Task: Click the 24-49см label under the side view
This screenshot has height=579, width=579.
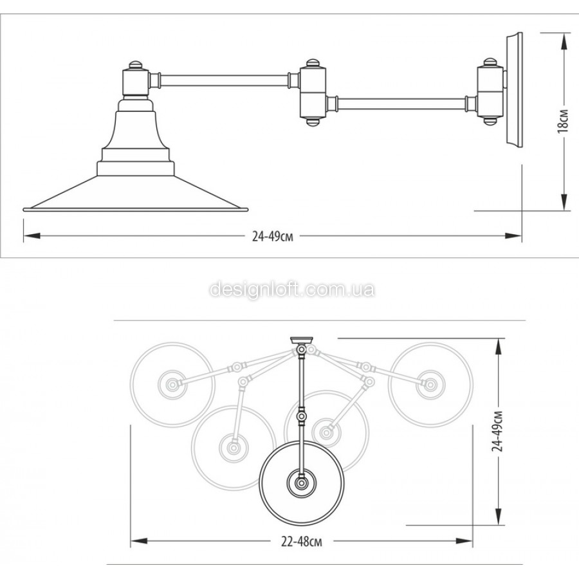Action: (273, 236)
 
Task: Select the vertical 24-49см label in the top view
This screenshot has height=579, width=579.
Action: (497, 431)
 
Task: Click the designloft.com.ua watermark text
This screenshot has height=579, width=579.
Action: (292, 290)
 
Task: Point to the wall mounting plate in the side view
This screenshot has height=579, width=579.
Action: (513, 90)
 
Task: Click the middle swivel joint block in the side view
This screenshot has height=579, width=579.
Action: (313, 92)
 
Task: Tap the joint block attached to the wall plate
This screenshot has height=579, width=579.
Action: (490, 91)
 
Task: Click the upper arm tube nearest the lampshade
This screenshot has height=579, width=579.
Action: (225, 80)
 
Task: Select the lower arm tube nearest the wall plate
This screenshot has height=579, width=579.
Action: (403, 104)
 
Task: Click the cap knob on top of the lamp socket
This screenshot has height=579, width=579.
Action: (136, 65)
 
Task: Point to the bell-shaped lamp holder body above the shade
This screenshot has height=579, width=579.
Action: (136, 129)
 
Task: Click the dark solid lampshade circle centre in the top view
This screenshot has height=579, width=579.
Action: (302, 482)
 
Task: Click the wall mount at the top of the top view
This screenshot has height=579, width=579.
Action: (302, 340)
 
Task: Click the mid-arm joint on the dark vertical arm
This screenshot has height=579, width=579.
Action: (302, 416)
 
